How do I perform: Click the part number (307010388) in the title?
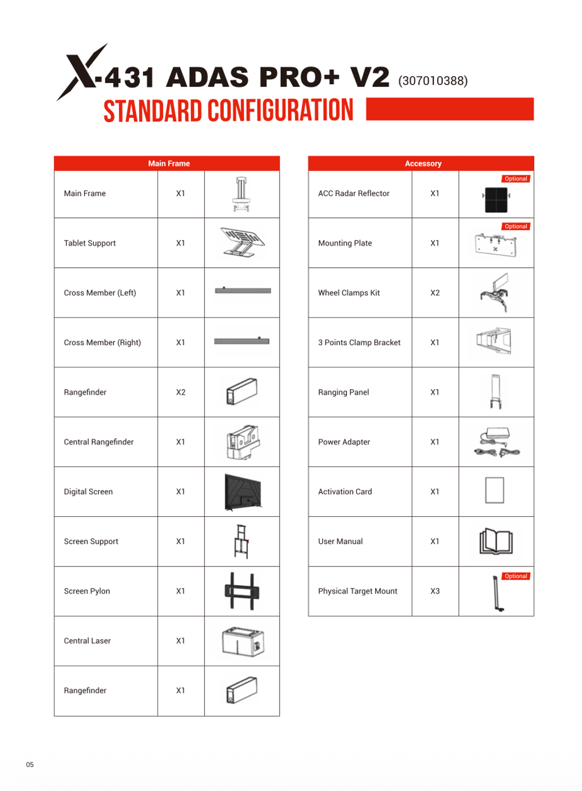(x=433, y=81)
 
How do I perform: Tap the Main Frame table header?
(x=169, y=164)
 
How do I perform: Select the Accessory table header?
(x=423, y=164)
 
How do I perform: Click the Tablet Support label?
(x=90, y=243)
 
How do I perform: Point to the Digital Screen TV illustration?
(x=243, y=492)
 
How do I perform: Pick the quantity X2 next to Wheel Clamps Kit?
(x=435, y=293)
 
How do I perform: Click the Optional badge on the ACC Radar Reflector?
(x=516, y=179)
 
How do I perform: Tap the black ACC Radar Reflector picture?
(x=496, y=200)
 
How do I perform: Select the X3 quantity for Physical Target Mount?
(x=435, y=591)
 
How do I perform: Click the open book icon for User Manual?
(x=496, y=541)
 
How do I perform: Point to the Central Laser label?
(x=88, y=641)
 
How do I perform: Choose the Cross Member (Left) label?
(x=100, y=293)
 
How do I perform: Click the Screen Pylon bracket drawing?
(x=242, y=591)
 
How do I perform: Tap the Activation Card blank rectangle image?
(x=494, y=490)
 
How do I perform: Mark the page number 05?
(x=30, y=765)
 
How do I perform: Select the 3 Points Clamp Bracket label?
(x=359, y=343)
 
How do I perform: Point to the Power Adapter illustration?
(x=496, y=442)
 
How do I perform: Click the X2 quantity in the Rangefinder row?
(x=181, y=392)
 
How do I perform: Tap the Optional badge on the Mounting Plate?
(x=516, y=226)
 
